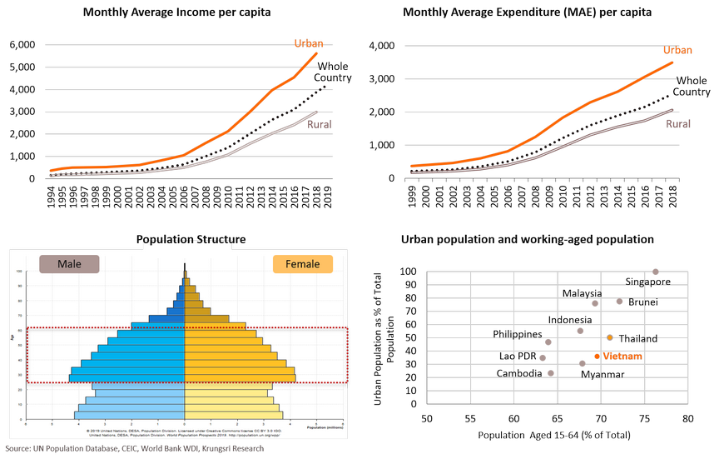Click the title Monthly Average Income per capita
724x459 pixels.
click(x=176, y=13)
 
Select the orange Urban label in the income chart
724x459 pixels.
click(x=308, y=43)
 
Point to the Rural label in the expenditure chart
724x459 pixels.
click(x=678, y=124)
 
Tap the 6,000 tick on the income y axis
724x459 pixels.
click(x=22, y=44)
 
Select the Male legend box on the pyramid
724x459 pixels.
click(x=69, y=264)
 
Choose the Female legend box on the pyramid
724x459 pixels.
click(x=303, y=264)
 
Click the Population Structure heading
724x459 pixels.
click(x=191, y=240)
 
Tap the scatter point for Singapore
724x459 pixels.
click(x=655, y=272)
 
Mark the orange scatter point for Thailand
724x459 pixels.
click(x=610, y=337)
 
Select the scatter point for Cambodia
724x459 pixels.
click(x=551, y=373)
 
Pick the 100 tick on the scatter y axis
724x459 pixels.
click(x=408, y=272)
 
